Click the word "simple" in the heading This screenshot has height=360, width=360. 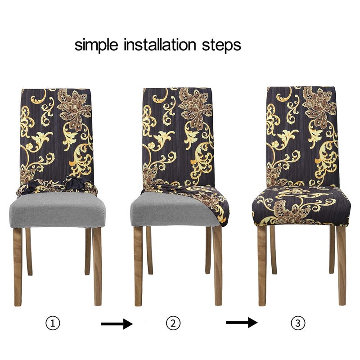point(96,45)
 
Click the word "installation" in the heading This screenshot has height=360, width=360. point(160,45)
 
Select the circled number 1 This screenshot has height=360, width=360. point(53,323)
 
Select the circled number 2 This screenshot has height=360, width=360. point(173,323)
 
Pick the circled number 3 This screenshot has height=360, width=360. point(298,323)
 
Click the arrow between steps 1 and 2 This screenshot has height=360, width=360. point(117,324)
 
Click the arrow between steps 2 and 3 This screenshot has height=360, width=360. point(242,323)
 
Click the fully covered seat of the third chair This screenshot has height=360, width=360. point(301,206)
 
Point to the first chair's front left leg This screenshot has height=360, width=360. point(18,267)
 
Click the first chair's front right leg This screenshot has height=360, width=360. point(97,266)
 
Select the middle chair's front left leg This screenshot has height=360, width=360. point(138,266)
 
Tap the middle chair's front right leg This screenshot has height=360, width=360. point(217,266)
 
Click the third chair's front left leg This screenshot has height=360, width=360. point(262,266)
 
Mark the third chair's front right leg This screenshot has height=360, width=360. point(341,265)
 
